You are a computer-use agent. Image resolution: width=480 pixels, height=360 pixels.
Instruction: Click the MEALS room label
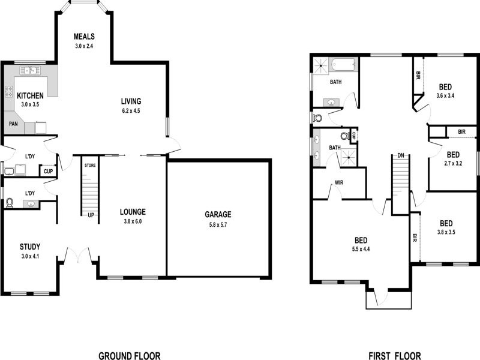tap(85, 36)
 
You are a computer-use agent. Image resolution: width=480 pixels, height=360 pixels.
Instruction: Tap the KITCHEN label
tap(29, 96)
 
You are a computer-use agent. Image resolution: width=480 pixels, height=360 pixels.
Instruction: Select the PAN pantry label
tap(13, 125)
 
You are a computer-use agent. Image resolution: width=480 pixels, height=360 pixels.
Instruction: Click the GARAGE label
tap(218, 214)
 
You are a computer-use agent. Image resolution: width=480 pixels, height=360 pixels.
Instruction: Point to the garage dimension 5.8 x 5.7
tap(218, 225)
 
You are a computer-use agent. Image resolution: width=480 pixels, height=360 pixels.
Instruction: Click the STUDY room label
tap(30, 246)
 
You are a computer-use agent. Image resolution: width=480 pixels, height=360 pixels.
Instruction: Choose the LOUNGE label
tap(133, 211)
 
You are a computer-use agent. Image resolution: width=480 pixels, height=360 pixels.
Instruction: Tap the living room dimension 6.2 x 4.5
tap(130, 110)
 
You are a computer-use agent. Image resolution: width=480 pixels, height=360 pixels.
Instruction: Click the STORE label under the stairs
tap(90, 164)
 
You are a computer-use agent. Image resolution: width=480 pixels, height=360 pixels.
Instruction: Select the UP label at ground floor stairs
tap(91, 215)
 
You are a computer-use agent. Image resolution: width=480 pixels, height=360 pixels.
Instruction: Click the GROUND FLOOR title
tap(129, 356)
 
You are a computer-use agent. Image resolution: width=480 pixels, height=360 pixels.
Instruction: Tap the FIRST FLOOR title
tap(394, 356)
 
